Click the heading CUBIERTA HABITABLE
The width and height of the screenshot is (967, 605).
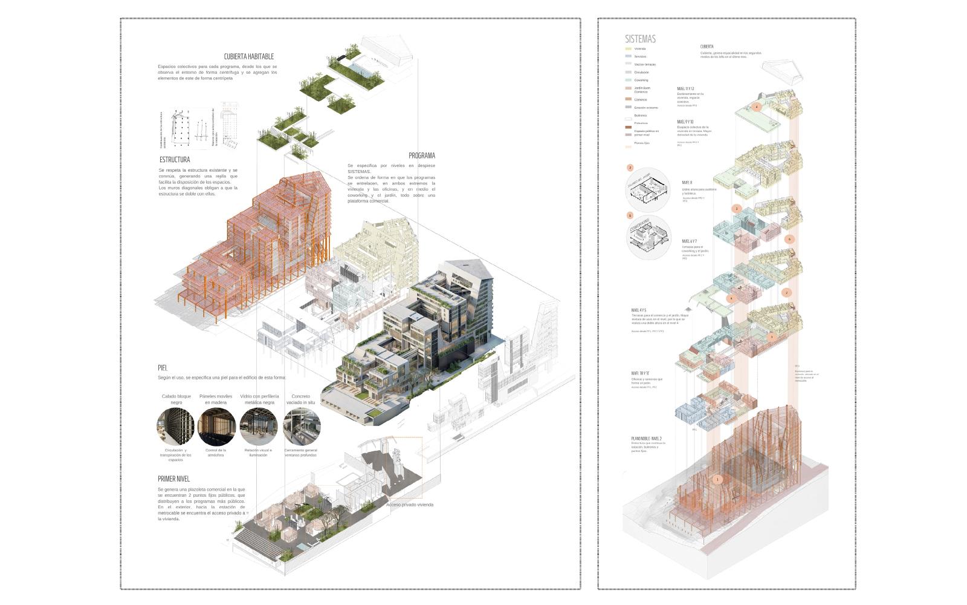coord(248,57)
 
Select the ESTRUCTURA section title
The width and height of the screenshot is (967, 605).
coord(175,160)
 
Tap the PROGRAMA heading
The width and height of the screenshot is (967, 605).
coord(421,155)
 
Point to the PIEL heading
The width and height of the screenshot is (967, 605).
coord(162,367)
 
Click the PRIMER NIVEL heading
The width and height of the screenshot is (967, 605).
coord(174,479)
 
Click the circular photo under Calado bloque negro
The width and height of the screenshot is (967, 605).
coord(176,427)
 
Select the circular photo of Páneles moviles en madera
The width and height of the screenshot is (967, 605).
coord(216,427)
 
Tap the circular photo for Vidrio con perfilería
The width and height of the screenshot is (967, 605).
coord(259,427)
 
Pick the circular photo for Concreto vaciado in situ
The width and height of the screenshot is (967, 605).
coord(302,427)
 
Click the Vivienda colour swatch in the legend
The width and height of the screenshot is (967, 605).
coord(629,48)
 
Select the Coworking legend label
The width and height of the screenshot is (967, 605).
coord(641,80)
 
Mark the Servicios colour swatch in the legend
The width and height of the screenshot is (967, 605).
coord(629,56)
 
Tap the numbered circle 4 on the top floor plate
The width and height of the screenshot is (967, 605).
coord(757,107)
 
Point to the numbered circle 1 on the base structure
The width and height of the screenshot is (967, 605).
coord(717,480)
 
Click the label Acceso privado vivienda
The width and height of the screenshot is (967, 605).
coord(410,505)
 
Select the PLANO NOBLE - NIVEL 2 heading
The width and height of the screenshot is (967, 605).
coord(646,439)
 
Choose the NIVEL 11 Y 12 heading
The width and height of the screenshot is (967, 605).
coord(685,89)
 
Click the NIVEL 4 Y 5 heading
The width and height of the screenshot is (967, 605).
coord(639,310)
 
